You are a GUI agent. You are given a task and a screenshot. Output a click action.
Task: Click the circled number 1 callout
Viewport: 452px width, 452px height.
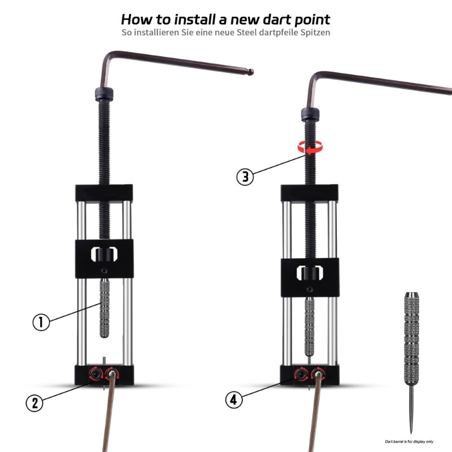[x=41, y=322]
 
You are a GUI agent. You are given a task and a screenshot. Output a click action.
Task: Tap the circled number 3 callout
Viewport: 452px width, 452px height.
[x=245, y=176]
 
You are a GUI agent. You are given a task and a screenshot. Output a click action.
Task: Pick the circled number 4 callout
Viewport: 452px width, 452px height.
[x=234, y=400]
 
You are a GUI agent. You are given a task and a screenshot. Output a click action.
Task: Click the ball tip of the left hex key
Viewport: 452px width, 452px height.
[x=251, y=72]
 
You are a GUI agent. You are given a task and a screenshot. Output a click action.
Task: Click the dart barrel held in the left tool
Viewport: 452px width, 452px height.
[x=104, y=308]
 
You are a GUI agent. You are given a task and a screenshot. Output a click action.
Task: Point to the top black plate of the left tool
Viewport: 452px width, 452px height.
[x=104, y=194]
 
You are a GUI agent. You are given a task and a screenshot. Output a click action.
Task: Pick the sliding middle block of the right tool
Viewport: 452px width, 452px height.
[x=310, y=276]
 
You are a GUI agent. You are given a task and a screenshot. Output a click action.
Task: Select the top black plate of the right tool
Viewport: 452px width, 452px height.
[x=310, y=193]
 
